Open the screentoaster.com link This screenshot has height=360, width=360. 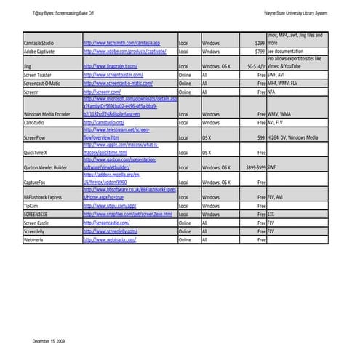click(x=113, y=74)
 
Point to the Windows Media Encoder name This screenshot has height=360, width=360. click(x=47, y=114)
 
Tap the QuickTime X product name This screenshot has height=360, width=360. click(x=36, y=153)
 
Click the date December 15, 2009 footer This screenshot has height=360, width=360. click(x=49, y=340)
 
